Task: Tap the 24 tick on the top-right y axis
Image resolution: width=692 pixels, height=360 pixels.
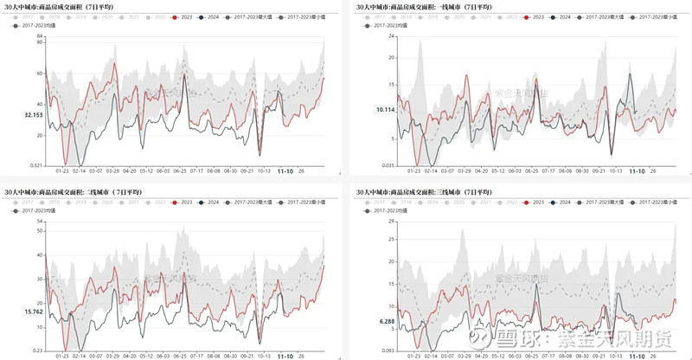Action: click(x=392, y=35)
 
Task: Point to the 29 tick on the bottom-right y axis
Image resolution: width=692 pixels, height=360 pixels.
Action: click(x=392, y=222)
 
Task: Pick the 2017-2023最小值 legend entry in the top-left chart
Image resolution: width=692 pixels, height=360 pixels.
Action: click(x=302, y=17)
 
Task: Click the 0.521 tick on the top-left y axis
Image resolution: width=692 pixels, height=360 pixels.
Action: click(x=35, y=165)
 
